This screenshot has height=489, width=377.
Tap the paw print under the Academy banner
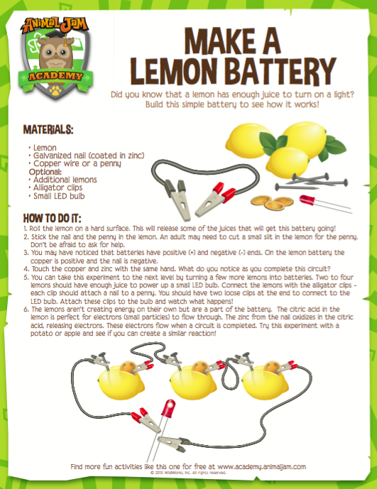point(55,90)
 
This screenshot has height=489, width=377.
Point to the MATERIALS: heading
point(48,130)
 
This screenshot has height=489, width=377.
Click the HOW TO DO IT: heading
point(52,218)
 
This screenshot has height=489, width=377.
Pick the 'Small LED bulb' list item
point(59,196)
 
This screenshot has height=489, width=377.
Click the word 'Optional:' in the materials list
point(45,172)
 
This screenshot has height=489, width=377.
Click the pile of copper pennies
point(272,202)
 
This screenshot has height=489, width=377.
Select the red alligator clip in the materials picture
point(216,199)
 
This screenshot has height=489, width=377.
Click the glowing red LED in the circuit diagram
point(168,408)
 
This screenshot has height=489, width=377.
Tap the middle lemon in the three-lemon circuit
point(193,381)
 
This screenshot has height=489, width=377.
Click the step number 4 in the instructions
point(26,269)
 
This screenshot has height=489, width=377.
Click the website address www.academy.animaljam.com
point(261,466)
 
